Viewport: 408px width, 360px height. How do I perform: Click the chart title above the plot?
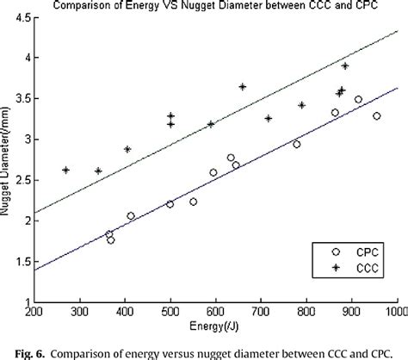click(x=215, y=7)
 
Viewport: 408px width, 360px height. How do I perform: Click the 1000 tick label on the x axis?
click(x=395, y=312)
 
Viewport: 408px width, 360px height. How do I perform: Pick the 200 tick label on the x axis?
click(x=34, y=312)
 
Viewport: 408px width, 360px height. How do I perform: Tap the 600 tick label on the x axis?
click(x=215, y=312)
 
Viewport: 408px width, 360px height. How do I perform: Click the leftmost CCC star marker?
click(x=66, y=170)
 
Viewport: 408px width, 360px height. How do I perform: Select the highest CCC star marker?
click(x=345, y=65)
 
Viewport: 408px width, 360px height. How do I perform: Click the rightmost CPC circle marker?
click(x=376, y=115)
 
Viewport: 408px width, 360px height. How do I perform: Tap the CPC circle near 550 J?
click(x=193, y=202)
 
